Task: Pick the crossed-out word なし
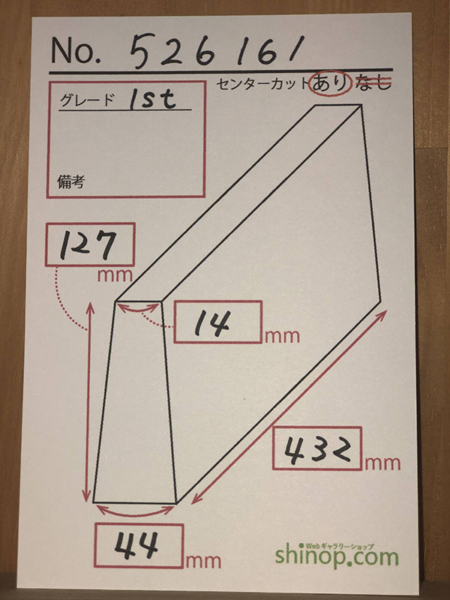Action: point(374,83)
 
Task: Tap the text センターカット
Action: point(263,83)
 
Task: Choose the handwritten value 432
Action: point(316,448)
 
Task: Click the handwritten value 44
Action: point(139,545)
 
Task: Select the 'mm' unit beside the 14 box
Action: point(280,335)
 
